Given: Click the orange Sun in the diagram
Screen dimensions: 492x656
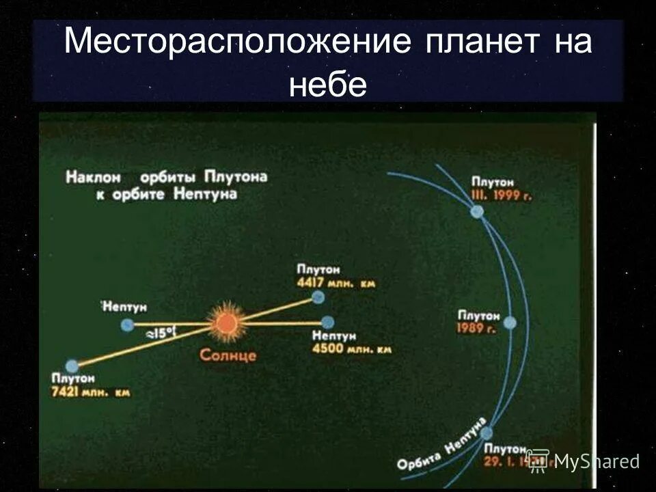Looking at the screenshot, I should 224,323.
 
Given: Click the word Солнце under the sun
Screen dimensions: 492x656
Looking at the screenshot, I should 228,355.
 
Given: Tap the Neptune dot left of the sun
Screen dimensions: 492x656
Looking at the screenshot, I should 127,325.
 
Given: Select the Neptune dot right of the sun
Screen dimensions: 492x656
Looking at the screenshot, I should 328,322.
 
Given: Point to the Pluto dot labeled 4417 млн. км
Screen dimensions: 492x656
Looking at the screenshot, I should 317,297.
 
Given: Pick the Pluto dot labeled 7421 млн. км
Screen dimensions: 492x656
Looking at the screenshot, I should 71,366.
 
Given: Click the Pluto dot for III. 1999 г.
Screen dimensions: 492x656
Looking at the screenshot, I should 477,212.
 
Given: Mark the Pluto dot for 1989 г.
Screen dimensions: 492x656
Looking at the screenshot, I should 511,323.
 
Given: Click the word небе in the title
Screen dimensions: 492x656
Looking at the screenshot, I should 328,85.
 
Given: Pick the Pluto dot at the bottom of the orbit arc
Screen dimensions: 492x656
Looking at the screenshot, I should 487,433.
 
